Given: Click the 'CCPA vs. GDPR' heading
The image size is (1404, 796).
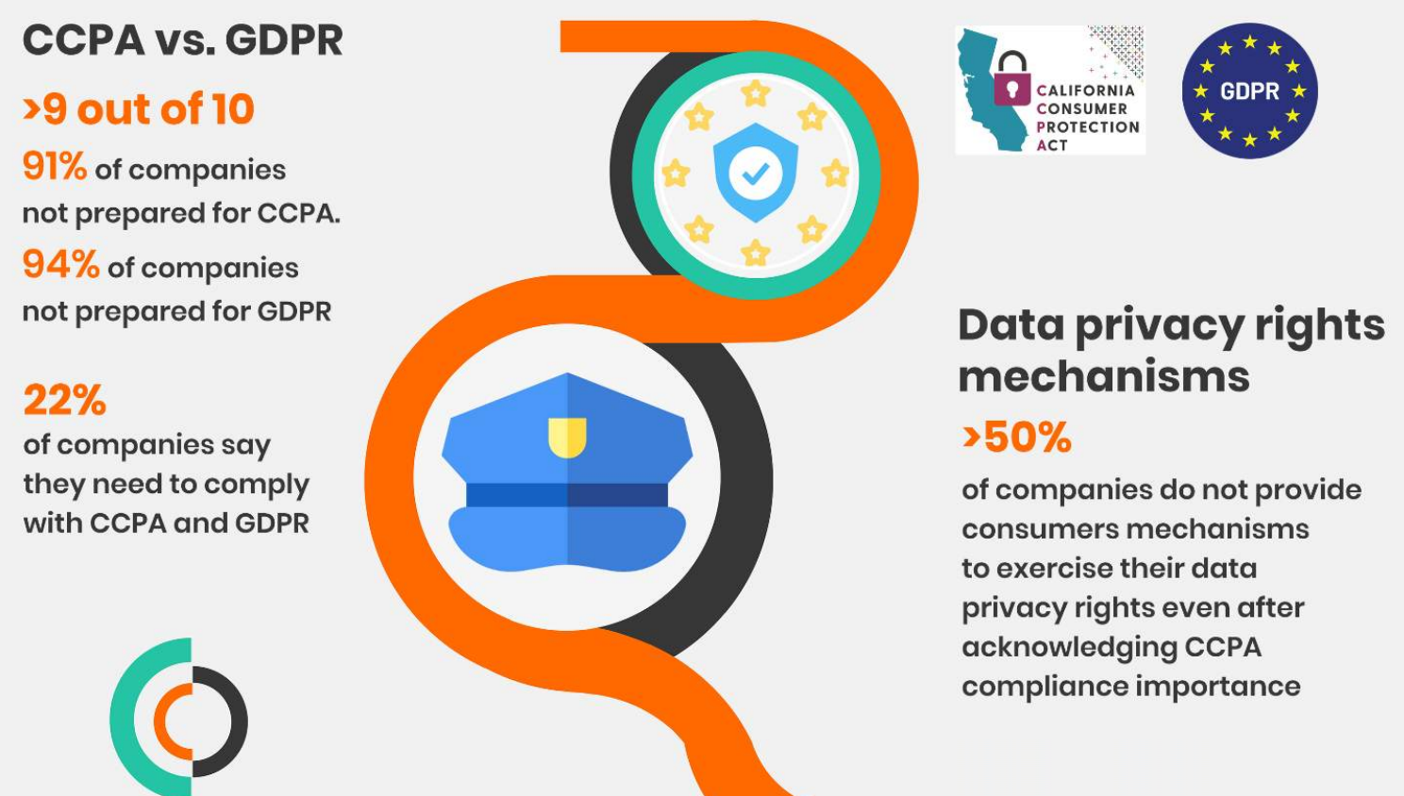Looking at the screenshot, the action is tap(182, 41).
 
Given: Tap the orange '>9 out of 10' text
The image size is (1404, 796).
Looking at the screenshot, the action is tap(139, 109).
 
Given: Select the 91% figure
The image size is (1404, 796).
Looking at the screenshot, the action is tap(54, 167).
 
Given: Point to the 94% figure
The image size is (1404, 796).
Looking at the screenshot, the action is tap(60, 265).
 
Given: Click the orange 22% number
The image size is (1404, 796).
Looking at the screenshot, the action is tap(64, 400).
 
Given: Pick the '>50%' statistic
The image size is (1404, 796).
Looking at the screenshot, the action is tap(1017, 438).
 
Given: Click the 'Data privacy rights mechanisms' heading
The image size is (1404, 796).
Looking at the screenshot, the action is tap(1170, 350).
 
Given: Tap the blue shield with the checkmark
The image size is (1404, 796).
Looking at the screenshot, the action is tap(755, 173).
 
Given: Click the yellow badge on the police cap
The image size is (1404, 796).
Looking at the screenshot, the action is tap(567, 438).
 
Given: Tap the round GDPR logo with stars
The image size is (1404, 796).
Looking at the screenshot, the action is tap(1249, 91).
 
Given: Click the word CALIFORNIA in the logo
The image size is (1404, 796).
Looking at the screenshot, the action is tap(1085, 91).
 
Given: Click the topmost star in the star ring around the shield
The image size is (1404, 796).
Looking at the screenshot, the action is tap(755, 93).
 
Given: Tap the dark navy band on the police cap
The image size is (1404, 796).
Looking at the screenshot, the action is tap(566, 494).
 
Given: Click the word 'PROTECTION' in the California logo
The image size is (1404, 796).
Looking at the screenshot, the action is tap(1088, 126).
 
